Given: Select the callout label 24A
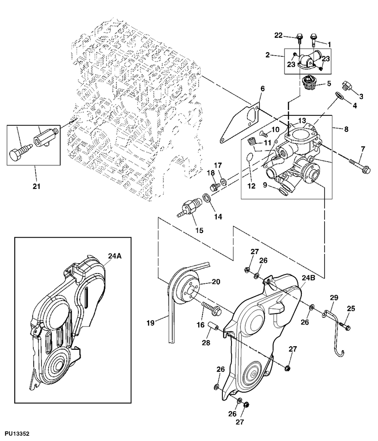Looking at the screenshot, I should [x=115, y=256].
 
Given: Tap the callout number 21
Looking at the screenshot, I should [x=36, y=186].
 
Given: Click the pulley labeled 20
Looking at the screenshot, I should [x=185, y=287].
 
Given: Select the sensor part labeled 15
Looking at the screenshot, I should [x=188, y=207].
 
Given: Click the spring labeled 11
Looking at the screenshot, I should [x=253, y=140].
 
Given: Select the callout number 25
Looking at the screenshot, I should [x=351, y=308].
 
